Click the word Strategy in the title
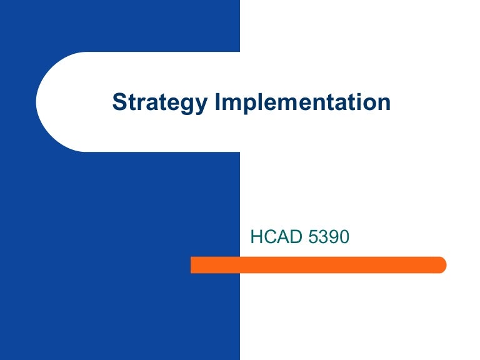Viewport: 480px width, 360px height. pos(160,102)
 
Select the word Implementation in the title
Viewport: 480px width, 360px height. pos(302,102)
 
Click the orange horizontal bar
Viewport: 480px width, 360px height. pos(318,265)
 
